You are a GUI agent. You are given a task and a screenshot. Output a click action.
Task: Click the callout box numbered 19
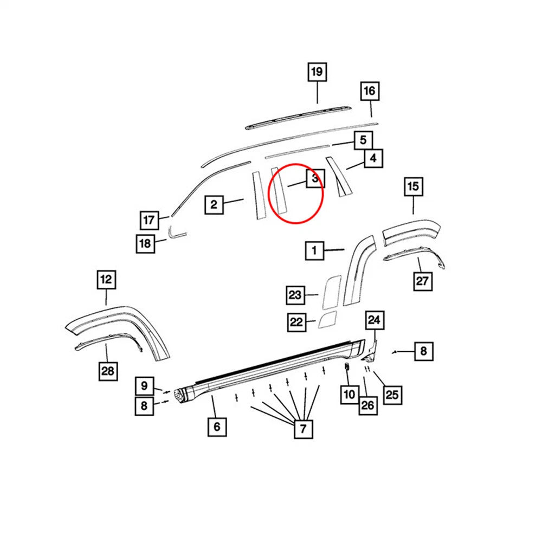(317, 72)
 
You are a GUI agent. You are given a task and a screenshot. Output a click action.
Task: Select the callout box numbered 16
(370, 91)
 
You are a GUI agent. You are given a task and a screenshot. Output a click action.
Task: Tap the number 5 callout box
(363, 140)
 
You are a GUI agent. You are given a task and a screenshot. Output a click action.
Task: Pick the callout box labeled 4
(373, 158)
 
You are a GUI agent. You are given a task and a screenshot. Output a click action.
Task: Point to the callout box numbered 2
(214, 205)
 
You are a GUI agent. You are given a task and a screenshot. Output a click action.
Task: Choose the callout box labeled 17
(150, 220)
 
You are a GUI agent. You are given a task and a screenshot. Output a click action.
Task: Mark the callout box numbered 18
(145, 243)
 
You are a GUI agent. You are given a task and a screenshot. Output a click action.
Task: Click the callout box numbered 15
(414, 186)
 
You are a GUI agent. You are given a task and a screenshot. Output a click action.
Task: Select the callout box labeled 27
(423, 281)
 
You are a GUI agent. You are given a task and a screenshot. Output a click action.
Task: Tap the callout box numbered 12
(106, 279)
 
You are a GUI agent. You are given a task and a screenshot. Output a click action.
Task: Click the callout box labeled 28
(108, 371)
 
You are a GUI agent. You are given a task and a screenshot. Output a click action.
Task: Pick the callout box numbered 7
(303, 429)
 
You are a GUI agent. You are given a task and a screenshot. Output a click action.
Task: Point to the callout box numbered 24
(375, 320)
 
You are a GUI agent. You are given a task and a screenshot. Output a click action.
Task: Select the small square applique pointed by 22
(327, 319)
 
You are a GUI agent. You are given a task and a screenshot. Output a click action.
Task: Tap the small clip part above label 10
(347, 368)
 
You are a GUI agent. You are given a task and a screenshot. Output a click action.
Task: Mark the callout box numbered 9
(145, 386)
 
